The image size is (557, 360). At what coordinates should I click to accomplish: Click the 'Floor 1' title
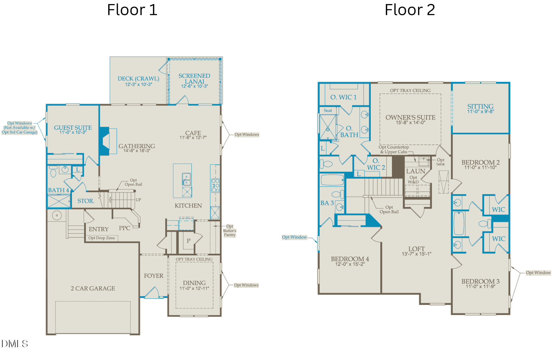coord(132,10)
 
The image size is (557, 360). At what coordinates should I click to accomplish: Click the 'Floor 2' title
coord(410,10)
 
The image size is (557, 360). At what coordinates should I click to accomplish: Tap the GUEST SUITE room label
coord(73,128)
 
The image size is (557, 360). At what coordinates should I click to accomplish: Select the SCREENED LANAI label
coord(194,79)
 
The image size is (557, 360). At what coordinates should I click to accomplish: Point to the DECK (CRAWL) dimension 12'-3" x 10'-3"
coord(138,84)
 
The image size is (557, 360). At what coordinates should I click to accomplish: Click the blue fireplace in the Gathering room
coord(104,141)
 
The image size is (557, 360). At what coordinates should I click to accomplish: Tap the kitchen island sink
coord(186,179)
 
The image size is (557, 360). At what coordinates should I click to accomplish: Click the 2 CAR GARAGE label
coord(93,288)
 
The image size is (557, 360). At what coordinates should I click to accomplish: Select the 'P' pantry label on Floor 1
coord(189,241)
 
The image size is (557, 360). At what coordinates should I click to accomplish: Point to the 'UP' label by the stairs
coord(138,200)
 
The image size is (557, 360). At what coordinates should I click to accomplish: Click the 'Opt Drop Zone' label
coord(102,238)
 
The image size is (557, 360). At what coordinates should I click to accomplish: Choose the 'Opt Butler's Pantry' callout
coord(229,231)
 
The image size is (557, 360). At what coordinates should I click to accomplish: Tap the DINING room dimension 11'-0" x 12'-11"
coord(194,288)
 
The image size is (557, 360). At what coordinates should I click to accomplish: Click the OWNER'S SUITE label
coord(410,118)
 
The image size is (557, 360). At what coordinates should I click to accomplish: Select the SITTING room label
coord(480,106)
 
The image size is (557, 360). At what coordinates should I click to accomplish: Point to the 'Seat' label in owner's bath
coord(328,111)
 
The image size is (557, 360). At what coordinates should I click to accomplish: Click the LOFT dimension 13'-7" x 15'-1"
coord(417,254)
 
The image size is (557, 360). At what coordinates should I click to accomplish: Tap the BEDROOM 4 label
coord(350,259)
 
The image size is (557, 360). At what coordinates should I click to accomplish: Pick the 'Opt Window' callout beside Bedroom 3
coord(538,273)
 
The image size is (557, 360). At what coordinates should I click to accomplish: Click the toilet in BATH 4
coord(53,172)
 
